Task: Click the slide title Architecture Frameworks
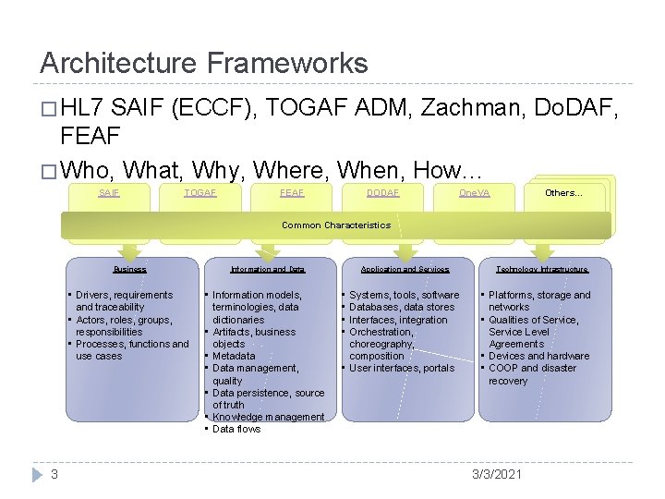click(203, 63)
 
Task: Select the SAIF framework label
click(109, 193)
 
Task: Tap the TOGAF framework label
click(200, 193)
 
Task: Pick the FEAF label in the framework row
click(292, 193)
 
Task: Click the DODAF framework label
click(383, 193)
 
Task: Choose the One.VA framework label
click(475, 193)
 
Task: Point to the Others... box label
click(563, 193)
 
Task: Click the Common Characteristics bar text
click(336, 225)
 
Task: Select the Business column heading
click(129, 270)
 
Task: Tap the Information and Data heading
click(267, 270)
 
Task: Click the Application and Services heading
click(405, 270)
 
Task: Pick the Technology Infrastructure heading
click(542, 270)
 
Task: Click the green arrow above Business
click(129, 249)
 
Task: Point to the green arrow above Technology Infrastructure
click(542, 249)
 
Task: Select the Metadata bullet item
click(234, 356)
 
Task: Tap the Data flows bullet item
click(236, 429)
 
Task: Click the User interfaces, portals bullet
click(402, 368)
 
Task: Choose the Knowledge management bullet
click(268, 417)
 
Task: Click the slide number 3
click(54, 474)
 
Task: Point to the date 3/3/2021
click(496, 474)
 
